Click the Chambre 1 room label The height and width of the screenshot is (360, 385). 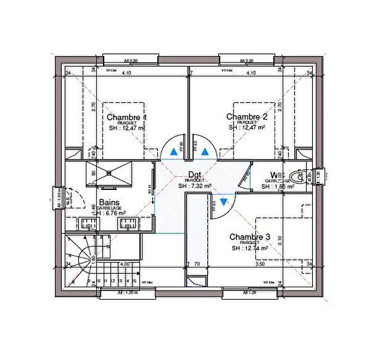point(126,117)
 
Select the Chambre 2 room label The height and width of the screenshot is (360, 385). point(246,117)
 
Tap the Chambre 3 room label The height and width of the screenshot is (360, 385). point(250,237)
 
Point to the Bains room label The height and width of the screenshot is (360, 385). point(110,202)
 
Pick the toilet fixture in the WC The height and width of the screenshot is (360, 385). point(296,176)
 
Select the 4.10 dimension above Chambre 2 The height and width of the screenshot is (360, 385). point(250,73)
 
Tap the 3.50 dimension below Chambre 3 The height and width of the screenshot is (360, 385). point(260,263)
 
